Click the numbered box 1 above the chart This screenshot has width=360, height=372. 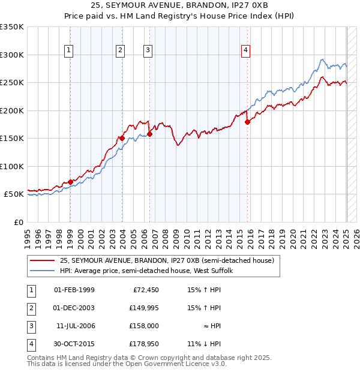click(70, 50)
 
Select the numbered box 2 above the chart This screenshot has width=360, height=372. click(121, 50)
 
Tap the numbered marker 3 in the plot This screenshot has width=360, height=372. click(147, 50)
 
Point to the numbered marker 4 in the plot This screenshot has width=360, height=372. click(245, 50)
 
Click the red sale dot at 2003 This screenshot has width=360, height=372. click(122, 138)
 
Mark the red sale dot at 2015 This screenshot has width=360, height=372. click(247, 122)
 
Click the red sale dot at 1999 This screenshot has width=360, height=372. click(70, 181)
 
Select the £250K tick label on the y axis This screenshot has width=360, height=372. click(12, 82)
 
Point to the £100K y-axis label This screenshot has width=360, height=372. click(12, 166)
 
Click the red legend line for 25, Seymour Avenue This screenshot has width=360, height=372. click(41, 260)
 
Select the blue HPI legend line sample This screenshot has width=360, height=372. click(41, 271)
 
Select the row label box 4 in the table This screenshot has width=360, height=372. click(31, 344)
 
